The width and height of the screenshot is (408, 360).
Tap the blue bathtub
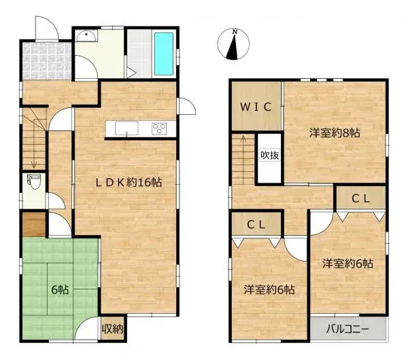tap(165, 52)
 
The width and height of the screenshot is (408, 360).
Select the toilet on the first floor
tap(32, 183)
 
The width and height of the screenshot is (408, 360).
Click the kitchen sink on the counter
tap(126, 129)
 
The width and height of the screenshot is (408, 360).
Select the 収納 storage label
tap(112, 330)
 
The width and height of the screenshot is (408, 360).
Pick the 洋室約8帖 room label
tap(335, 133)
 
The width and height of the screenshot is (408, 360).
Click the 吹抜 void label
tap(269, 155)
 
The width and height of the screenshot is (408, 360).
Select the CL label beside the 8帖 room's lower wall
tap(360, 198)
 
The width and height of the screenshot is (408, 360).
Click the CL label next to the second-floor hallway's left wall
tap(256, 223)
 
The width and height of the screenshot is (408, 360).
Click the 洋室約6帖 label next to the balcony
tap(347, 264)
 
